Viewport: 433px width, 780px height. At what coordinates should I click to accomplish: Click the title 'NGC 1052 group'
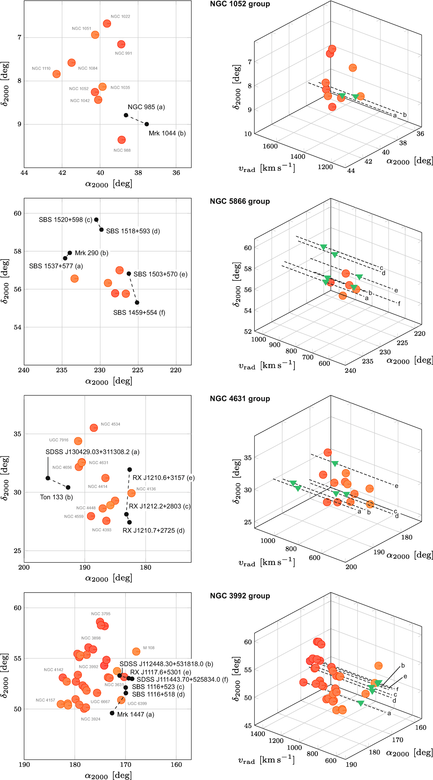point(240,4)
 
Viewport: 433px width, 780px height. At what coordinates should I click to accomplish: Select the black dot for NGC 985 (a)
point(126,115)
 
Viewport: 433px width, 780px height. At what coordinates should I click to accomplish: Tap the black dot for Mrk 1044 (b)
point(146,124)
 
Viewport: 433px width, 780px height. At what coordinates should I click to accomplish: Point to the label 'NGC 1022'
point(120,17)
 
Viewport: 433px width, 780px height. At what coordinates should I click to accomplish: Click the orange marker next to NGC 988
point(122,140)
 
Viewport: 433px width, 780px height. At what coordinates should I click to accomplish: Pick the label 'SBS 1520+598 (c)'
point(65,220)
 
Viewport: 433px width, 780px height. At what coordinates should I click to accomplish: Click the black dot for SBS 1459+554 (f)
point(137,302)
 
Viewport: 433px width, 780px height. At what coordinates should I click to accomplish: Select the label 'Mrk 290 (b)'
point(91,253)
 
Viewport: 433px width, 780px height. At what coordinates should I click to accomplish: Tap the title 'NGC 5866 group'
point(240,201)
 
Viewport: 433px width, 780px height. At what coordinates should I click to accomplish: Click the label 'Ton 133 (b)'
point(56,497)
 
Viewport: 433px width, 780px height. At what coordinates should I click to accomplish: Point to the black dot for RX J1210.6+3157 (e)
point(130,470)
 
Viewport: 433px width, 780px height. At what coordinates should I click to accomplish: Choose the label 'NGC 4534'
point(110,424)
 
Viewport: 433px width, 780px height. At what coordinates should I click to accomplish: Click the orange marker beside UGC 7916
point(78,441)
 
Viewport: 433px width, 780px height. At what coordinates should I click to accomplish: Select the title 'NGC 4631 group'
point(240,399)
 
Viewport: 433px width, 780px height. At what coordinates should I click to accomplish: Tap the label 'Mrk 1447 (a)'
point(135,715)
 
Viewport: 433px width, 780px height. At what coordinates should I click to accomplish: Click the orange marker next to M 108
point(136,652)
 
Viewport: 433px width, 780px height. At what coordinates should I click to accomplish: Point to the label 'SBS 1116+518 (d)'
point(158,695)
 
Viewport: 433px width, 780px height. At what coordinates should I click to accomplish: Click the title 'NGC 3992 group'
point(240,596)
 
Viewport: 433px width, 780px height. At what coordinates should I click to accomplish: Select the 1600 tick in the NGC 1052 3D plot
point(270,146)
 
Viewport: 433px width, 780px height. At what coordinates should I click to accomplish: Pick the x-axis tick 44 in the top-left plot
point(24,173)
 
